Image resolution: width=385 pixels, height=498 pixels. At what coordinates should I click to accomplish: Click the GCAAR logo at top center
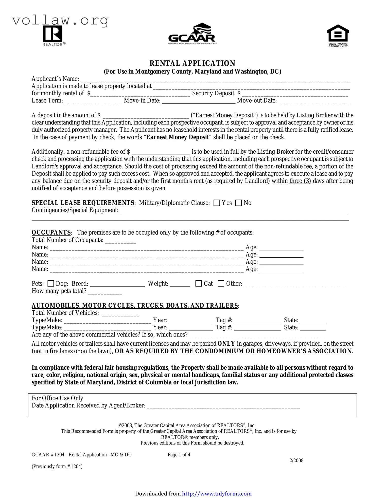(x=192, y=34)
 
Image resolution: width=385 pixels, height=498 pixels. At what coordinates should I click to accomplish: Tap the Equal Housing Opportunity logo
(x=338, y=36)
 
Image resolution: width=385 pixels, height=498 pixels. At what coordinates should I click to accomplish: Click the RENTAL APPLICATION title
(x=192, y=63)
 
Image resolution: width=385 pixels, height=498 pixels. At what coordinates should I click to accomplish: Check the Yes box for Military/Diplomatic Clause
(x=217, y=203)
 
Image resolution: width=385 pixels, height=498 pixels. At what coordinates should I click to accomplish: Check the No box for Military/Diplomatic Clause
(x=238, y=203)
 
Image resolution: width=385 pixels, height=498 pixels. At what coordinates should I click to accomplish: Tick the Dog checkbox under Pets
(x=51, y=283)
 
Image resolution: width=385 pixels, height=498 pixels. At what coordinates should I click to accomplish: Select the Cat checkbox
(x=198, y=283)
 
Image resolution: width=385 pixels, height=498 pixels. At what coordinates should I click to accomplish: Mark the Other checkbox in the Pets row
(x=221, y=283)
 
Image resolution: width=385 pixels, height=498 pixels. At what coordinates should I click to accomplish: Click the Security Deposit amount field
(x=295, y=94)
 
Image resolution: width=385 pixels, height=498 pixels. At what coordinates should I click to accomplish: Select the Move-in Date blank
(x=199, y=101)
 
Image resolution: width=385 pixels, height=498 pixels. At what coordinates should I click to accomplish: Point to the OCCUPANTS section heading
(x=51, y=233)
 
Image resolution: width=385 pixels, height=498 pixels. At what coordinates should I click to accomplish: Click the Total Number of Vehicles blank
(x=120, y=314)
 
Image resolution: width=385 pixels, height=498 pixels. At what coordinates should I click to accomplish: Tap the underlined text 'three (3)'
(x=300, y=181)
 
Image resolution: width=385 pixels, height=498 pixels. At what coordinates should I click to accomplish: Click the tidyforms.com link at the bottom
(x=217, y=493)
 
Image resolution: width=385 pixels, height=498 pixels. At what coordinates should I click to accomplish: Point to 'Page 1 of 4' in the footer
(x=179, y=455)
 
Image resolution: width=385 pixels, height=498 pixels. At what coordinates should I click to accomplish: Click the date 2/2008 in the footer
(x=296, y=460)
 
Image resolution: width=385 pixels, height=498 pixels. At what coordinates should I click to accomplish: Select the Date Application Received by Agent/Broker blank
(x=223, y=406)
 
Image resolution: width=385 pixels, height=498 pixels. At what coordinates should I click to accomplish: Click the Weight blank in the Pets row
(x=180, y=284)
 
